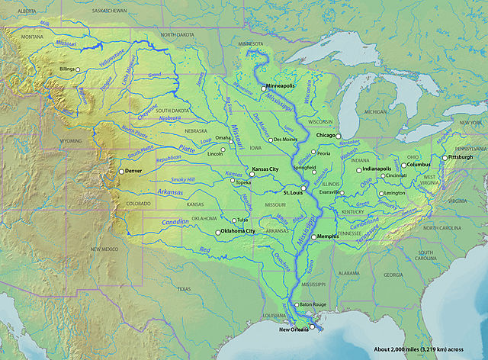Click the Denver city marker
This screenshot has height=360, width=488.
pyautogui.click(x=120, y=172)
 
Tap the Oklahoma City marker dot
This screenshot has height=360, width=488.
pyautogui.click(x=218, y=231)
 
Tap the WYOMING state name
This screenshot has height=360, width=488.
pyautogui.click(x=71, y=141)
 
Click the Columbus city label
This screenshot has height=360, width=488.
pyautogui.click(x=419, y=164)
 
